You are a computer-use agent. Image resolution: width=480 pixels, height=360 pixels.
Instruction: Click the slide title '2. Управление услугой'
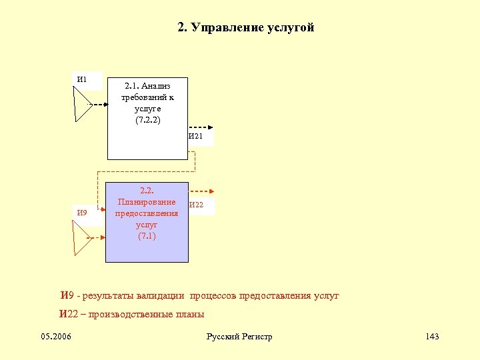coord(245,27)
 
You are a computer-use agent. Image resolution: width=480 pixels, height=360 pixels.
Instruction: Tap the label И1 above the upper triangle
coord(82,80)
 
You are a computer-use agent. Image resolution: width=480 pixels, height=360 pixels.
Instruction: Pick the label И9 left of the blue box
coord(82,213)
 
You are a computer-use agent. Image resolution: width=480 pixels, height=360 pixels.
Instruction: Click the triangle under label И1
coord(82,105)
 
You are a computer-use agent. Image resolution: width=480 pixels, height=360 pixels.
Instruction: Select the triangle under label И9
coord(82,237)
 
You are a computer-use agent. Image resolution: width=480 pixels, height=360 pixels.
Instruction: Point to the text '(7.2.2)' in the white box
coord(147,120)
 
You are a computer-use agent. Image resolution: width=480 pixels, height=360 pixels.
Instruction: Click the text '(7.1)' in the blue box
coord(147,236)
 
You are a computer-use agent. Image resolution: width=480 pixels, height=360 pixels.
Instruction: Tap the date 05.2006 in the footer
coord(56,337)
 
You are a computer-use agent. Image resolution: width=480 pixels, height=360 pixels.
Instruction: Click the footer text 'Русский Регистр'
coord(239,337)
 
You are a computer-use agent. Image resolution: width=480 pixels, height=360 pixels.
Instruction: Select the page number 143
coord(432,337)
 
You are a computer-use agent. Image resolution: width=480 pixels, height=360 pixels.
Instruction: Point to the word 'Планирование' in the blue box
coord(147,202)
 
